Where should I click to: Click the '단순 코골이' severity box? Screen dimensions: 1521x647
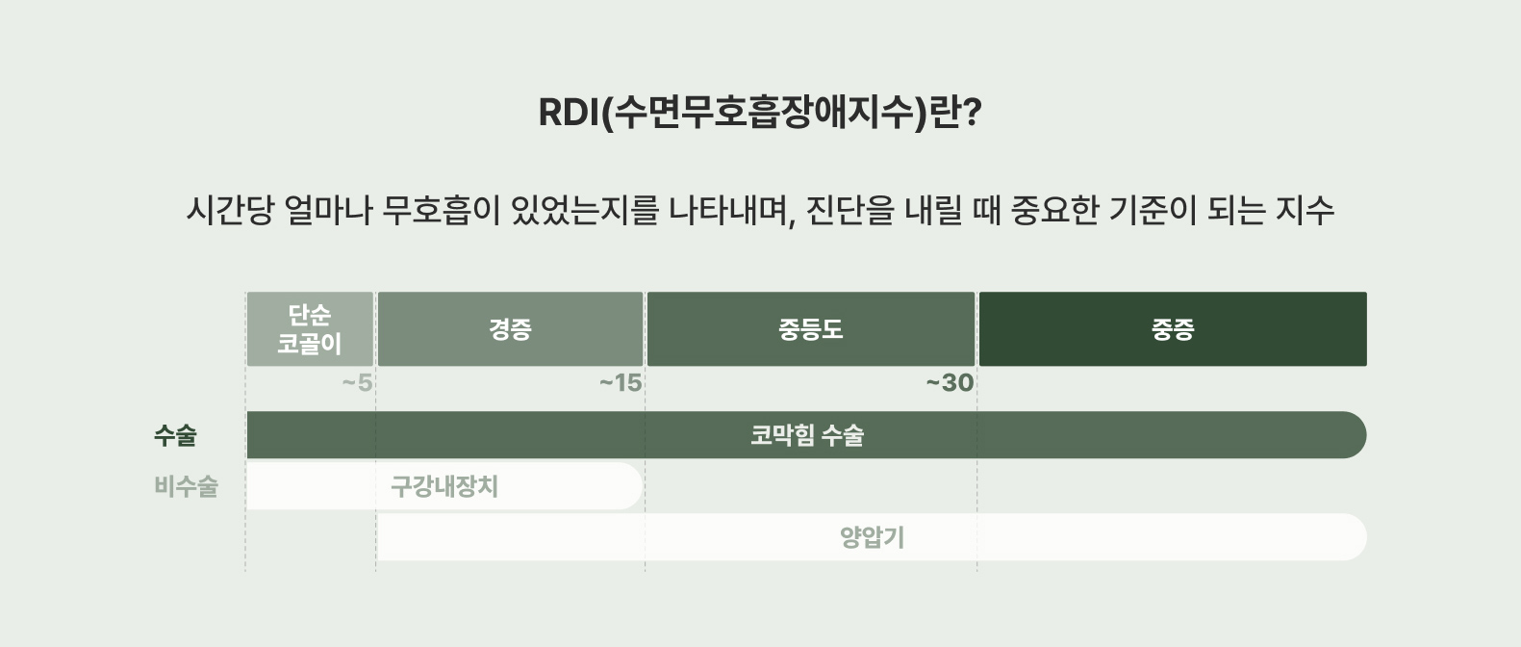(x=310, y=329)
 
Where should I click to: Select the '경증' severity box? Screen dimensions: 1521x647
(x=510, y=329)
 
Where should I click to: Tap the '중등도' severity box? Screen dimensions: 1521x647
(x=811, y=329)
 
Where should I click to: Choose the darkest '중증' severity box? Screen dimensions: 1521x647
(x=1173, y=329)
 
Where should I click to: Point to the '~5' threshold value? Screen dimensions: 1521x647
(x=357, y=383)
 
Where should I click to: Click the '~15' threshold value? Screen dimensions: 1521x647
(x=621, y=383)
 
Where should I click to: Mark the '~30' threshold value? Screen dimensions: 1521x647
(x=950, y=383)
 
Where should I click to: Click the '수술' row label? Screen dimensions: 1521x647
(x=175, y=435)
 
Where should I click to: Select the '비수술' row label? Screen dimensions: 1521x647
(x=186, y=486)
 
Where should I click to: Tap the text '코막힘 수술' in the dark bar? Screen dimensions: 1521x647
(x=806, y=435)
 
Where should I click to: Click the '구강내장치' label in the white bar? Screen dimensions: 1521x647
(x=444, y=486)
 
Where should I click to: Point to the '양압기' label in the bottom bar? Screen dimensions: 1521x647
(x=873, y=537)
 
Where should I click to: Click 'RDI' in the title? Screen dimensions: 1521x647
(x=569, y=113)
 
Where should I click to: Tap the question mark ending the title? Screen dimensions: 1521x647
(x=973, y=113)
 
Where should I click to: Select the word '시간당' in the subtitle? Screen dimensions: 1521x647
(x=230, y=210)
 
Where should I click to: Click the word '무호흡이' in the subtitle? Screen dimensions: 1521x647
(x=442, y=210)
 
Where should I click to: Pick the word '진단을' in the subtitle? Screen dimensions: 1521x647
(x=850, y=210)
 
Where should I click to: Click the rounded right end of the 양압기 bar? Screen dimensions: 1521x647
(x=1355, y=537)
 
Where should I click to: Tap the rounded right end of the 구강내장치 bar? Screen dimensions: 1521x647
(x=630, y=486)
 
